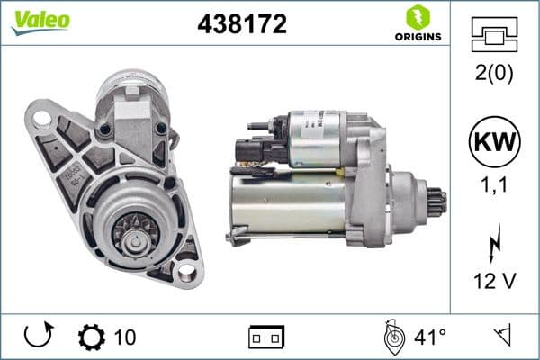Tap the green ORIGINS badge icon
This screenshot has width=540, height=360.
point(417,16)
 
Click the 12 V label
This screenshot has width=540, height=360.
point(495,282)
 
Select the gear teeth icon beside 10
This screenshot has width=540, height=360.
point(91,337)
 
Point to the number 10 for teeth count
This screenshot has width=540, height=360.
point(125,337)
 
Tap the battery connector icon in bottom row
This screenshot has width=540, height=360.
point(266,338)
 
